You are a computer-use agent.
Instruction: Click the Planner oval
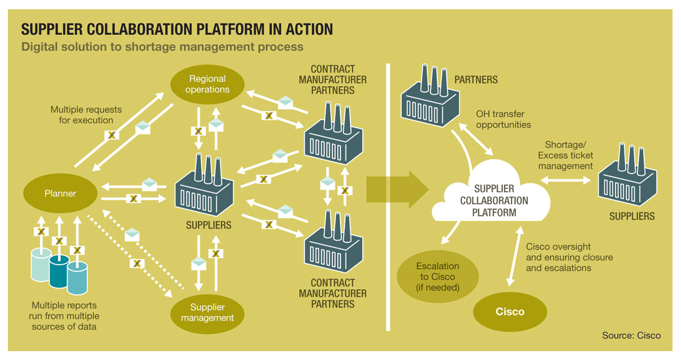coord(60,193)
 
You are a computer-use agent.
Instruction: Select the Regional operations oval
coord(207,84)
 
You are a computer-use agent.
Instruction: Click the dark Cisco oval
coord(510,312)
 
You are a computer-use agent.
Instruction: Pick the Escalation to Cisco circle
coord(437,276)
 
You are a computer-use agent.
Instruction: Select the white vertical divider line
coord(388,196)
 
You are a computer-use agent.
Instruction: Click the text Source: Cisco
coord(631,335)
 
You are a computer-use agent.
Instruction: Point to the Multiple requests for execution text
coord(86,115)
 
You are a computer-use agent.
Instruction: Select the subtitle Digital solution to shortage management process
coord(162,46)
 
